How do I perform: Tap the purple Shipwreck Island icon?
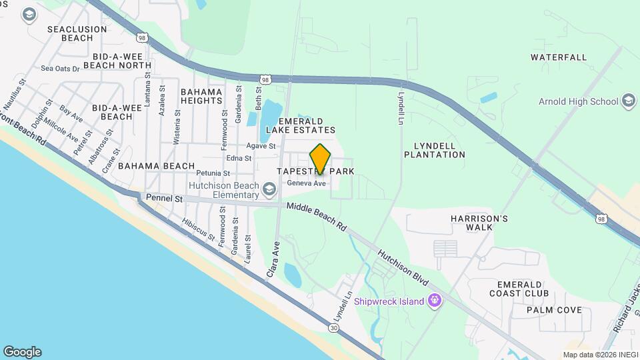pos(435,301)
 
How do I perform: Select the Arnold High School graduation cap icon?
pos(627,101)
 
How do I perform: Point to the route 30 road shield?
pos(333,327)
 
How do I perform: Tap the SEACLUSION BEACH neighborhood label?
pos(77,33)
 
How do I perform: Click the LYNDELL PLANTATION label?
pos(434,150)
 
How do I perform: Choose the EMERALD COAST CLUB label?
pos(519,289)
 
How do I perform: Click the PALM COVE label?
pos(554,310)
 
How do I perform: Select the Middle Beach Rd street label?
pos(317,217)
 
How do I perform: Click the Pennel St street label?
pos(165,199)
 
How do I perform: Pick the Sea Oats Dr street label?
pos(60,68)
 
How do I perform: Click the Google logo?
pos(22,352)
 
